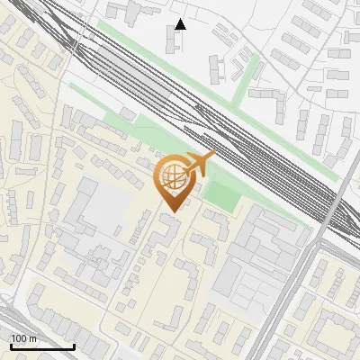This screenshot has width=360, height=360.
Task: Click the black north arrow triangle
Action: [180, 23]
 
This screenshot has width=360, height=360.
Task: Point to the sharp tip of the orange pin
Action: [172, 211]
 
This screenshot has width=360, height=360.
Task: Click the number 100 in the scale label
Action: [19, 338]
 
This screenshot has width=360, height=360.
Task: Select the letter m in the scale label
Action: [31, 338]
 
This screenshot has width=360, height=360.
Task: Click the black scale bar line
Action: [42, 346]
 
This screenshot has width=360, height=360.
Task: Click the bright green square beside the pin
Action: [220, 193]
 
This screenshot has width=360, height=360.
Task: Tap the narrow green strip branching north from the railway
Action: [245, 81]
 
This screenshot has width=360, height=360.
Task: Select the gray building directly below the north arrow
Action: [173, 40]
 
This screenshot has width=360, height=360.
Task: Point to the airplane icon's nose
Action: [214, 157]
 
